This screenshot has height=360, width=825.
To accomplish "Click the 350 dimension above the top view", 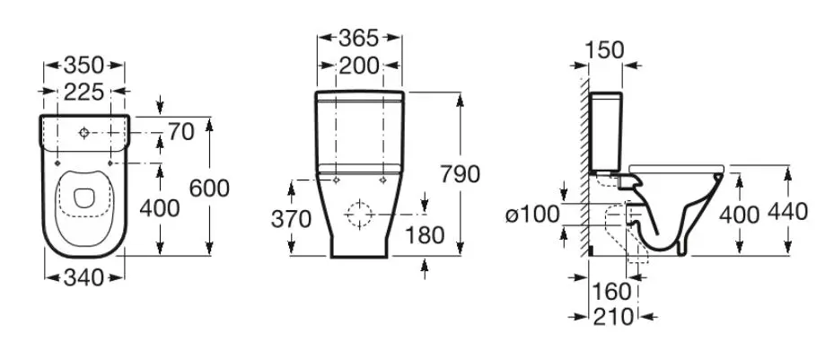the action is coord(83,66).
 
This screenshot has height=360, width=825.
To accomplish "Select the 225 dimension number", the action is coord(83,92).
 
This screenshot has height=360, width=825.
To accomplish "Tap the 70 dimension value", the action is coord(181,132).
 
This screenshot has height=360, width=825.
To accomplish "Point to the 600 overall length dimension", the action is coord(209,189).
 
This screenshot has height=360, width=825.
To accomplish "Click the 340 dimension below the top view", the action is coord(83,277).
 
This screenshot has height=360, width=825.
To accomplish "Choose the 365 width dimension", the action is coord(359,38).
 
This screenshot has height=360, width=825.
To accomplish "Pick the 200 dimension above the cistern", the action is coord(359,66).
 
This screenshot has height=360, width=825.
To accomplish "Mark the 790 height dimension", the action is coord(461,174).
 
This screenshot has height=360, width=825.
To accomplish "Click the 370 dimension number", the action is coord(292,219).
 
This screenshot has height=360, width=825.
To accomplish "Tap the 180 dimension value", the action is coord(425,235).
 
